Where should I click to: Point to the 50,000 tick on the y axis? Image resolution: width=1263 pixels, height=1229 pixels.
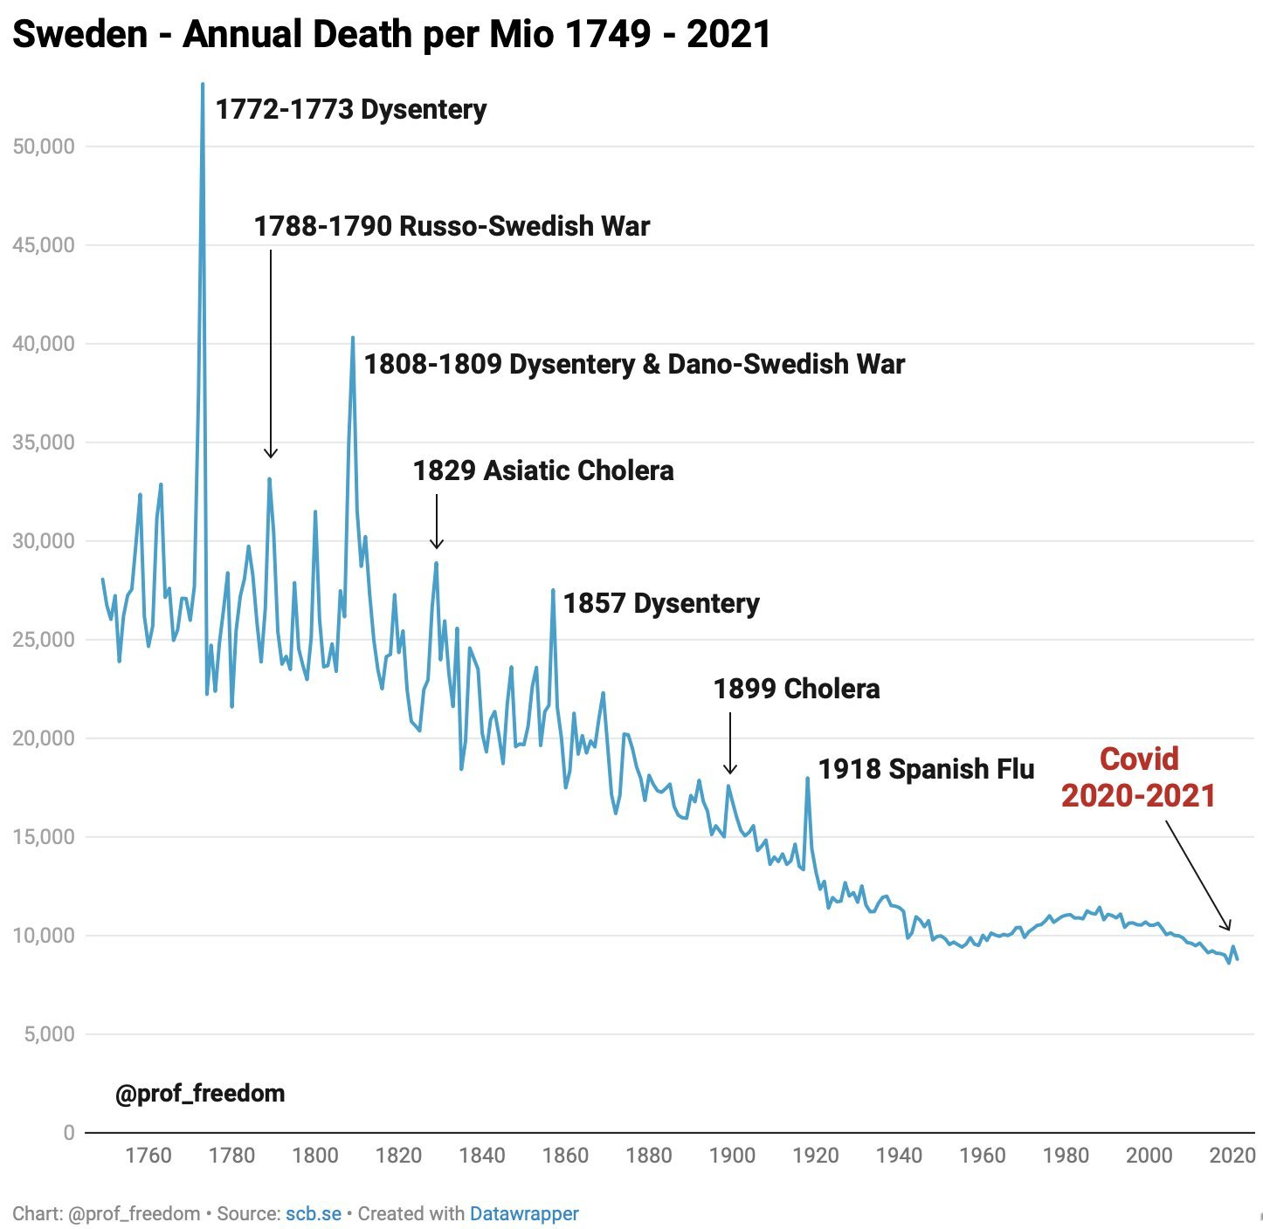coord(44,147)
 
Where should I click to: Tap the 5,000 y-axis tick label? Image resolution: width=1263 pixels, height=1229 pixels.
coord(44,1034)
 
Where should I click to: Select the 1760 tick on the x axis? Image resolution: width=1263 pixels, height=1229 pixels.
coord(148,1156)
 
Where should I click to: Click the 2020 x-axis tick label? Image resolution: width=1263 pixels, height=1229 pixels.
coord(1232,1156)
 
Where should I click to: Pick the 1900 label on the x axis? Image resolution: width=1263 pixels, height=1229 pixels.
coord(732,1156)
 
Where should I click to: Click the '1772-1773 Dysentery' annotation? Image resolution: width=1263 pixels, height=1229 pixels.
coord(351,110)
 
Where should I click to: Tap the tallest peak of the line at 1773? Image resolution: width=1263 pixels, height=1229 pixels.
coord(203,86)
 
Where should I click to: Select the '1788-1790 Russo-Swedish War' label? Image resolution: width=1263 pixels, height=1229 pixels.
coord(452,227)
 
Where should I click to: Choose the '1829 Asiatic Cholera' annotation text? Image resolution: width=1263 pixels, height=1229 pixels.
coord(543,471)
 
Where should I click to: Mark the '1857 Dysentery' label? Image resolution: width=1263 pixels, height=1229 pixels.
coord(661,604)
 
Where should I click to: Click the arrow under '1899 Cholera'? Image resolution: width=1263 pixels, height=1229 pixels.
coord(730,743)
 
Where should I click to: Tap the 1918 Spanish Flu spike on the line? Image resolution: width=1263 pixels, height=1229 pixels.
coord(807,779)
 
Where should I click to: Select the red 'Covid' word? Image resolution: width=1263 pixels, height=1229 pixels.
coord(1139,759)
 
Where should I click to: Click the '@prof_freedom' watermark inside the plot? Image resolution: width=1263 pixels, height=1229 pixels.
coord(200,1094)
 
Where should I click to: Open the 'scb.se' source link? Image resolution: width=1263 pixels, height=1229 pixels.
coord(314,1214)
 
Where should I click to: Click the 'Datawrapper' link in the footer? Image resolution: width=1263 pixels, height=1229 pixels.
coord(524,1214)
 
